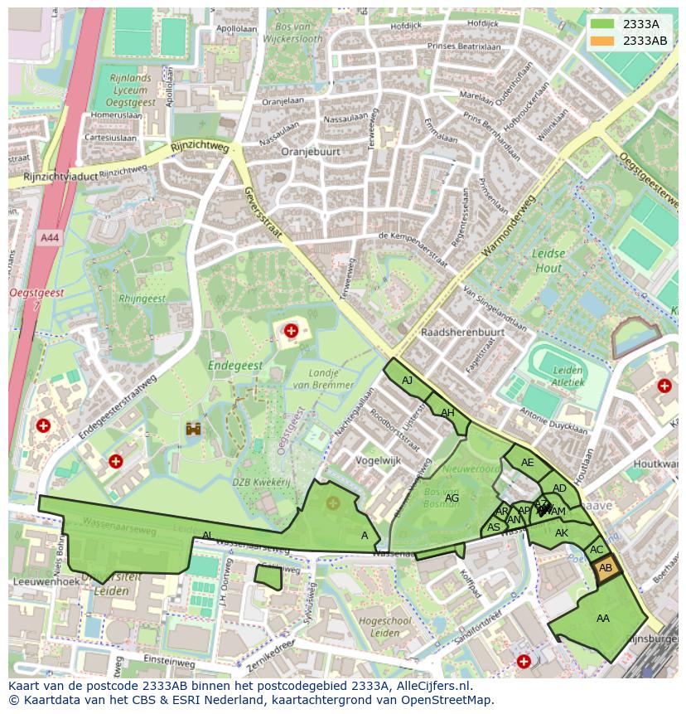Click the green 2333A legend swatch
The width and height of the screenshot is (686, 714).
[602, 24]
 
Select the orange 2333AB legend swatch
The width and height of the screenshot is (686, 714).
[602, 41]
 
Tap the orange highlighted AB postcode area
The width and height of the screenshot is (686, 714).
[605, 568]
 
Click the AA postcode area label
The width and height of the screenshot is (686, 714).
[602, 618]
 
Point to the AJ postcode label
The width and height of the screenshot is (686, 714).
[407, 381]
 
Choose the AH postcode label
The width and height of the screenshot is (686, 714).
[447, 413]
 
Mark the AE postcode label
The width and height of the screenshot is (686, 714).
[527, 463]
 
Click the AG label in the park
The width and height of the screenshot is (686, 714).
[452, 498]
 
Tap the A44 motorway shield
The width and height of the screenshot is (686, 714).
[49, 237]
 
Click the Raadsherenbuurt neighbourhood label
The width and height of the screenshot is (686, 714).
[462, 332]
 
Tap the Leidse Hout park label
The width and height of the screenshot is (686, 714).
[548, 260]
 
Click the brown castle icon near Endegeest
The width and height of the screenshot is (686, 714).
[195, 429]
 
